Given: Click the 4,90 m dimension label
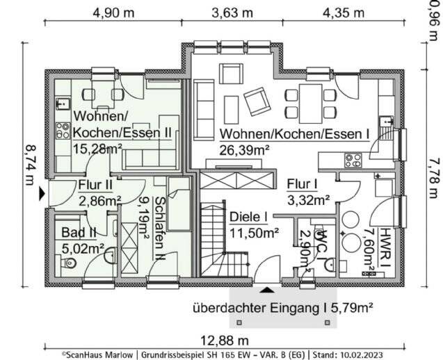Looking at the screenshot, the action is tap(113, 13).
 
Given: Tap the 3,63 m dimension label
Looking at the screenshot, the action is tap(232, 13).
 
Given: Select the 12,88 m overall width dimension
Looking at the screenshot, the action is tap(225, 341).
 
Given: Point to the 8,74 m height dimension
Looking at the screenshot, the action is tap(30, 165).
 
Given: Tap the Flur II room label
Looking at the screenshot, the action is tap(95, 185).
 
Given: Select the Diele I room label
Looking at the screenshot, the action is tap(249, 217).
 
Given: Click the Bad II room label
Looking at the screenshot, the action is tap(79, 233).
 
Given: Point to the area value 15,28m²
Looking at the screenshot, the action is tap(97, 148).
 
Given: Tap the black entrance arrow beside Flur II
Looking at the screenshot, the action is tap(42, 194).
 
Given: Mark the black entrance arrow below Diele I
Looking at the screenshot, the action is tap(267, 290).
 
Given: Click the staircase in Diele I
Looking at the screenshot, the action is tap(225, 240).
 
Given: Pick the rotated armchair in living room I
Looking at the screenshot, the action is tap(257, 101).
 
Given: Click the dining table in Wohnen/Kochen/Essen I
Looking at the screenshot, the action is tap(311, 104).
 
